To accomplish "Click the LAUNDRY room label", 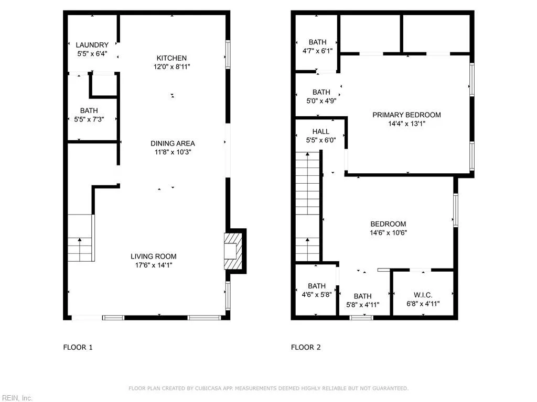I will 92,45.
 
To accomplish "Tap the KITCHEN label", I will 171,58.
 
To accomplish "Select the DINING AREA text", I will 173,143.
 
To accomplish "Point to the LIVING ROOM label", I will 154,256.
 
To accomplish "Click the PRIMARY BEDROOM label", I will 406,115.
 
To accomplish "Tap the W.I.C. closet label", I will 423,295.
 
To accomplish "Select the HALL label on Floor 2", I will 321,131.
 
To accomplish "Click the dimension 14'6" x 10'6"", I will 389,233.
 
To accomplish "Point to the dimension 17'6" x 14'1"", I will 154,265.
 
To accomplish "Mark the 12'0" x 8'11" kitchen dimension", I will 171,67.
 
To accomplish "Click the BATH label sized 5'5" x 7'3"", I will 89,111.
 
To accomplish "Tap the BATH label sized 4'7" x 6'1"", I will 317,42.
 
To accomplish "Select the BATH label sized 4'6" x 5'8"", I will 317,286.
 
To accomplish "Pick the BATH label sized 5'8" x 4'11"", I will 362,296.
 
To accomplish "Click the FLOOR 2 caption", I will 306,347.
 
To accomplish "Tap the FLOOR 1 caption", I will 78,347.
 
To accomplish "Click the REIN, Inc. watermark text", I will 16,398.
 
